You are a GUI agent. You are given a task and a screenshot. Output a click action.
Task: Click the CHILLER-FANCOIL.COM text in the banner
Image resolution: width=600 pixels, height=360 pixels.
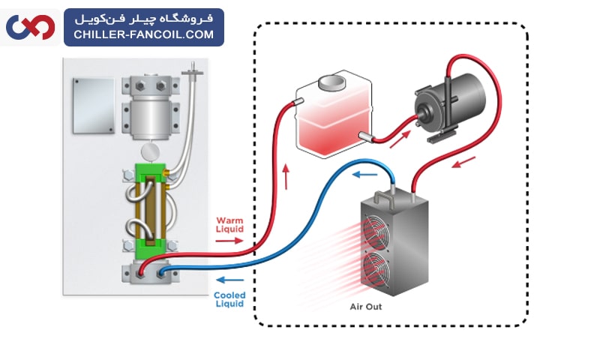[x=143, y=34]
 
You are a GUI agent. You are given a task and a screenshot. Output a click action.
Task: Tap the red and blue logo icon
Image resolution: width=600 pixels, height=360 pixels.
[x=30, y=27]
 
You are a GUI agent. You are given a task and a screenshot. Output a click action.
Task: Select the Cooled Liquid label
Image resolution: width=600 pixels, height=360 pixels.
[x=229, y=299]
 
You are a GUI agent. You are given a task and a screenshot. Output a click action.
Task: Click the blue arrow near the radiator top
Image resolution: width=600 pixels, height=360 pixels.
[x=365, y=175]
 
